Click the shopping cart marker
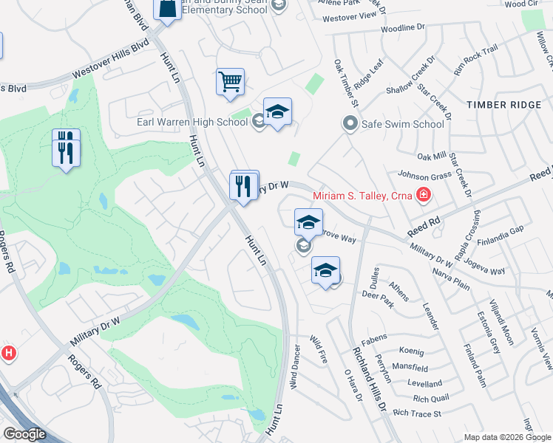point(231,81)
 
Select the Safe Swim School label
point(402,124)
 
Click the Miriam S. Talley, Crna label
point(363,196)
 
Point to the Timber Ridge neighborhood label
point(504,106)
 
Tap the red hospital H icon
point(9,353)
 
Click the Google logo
point(24,434)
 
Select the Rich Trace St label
point(417,413)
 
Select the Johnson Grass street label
point(425,176)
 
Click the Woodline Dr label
point(403,28)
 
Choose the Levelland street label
point(425,383)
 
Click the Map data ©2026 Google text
point(506,437)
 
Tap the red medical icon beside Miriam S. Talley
point(424,196)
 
